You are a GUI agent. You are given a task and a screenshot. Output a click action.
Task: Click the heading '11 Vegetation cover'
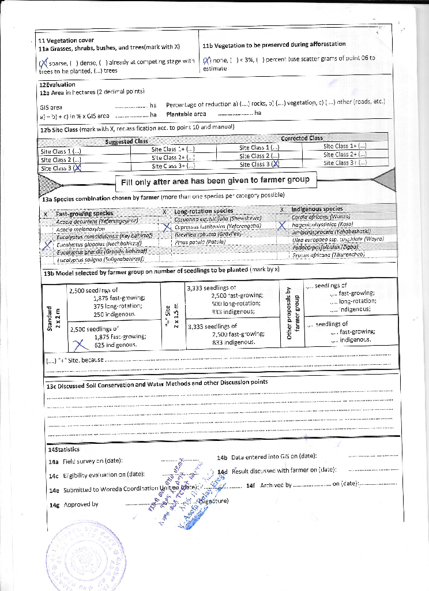point(58,40)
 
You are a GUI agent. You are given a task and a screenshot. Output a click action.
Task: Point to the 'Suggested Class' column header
point(127,141)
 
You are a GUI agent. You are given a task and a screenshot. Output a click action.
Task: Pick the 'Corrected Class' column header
point(302,138)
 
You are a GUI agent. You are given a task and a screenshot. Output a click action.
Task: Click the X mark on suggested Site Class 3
point(77,169)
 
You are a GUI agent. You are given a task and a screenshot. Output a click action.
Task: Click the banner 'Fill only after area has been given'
point(215,180)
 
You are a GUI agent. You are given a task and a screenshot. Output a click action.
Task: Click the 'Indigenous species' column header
point(317,209)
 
